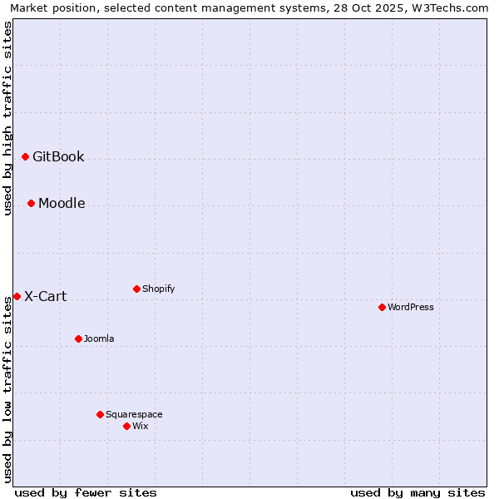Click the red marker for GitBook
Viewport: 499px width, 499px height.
tap(25, 156)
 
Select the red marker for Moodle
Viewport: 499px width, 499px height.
tap(31, 203)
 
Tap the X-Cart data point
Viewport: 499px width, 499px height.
tap(17, 296)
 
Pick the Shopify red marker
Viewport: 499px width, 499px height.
tap(136, 289)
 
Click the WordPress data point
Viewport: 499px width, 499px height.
tap(382, 307)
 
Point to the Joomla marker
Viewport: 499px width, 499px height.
tap(78, 338)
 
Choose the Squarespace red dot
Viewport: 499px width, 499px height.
tap(100, 414)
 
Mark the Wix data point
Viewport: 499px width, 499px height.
tap(126, 426)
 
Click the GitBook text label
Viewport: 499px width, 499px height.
tap(58, 157)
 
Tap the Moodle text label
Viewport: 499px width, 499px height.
tap(62, 204)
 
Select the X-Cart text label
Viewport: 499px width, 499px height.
tap(45, 297)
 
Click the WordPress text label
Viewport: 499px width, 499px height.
tap(411, 307)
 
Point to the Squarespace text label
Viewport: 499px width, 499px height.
tap(134, 414)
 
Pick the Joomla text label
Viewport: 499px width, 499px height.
tap(99, 338)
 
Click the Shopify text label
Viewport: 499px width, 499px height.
tap(158, 289)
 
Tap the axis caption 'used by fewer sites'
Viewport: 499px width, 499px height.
tap(86, 492)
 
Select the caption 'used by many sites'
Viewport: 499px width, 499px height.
tap(417, 492)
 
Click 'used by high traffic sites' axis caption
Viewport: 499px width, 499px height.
tap(7, 118)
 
